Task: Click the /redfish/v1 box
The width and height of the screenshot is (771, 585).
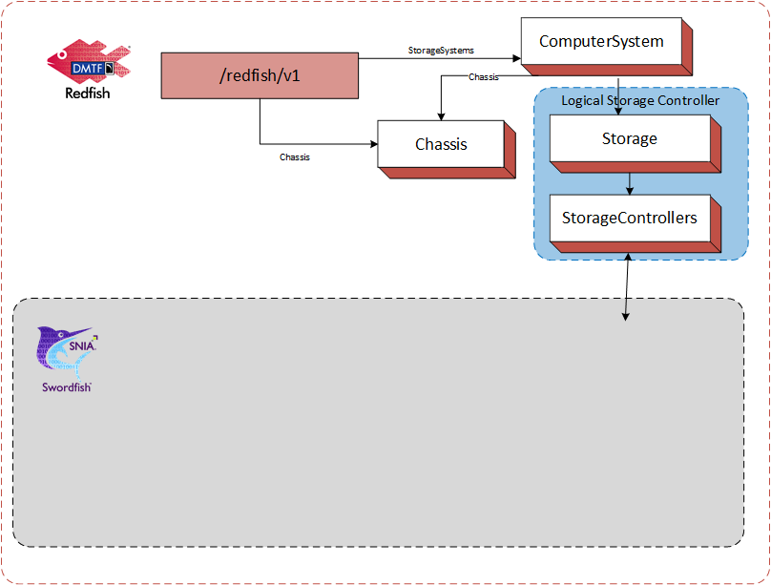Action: pos(260,75)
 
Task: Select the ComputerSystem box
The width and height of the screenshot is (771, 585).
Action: pos(601,42)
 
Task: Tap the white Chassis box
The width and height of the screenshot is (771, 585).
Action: pos(441,144)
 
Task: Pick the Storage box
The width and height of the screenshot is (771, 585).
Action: pos(629,138)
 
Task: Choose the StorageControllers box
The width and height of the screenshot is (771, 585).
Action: pos(629,218)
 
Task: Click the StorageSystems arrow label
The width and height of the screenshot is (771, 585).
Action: pos(441,50)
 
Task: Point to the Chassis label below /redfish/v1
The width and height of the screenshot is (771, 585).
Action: pos(294,157)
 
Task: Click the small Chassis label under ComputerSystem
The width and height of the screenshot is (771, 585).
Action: pos(484,77)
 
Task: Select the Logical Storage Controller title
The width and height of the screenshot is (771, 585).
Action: pos(640,100)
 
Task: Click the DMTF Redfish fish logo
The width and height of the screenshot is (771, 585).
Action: pos(90,63)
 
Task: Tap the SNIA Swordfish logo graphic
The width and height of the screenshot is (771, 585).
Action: pos(65,353)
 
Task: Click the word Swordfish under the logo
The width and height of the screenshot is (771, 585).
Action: pos(67,387)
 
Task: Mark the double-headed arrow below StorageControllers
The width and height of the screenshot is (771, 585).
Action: pos(627,286)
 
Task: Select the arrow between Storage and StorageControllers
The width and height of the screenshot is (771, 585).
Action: pos(630,181)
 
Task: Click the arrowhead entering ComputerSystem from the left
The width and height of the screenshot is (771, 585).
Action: pos(515,59)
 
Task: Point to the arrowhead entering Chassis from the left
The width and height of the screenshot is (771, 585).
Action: pos(373,144)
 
